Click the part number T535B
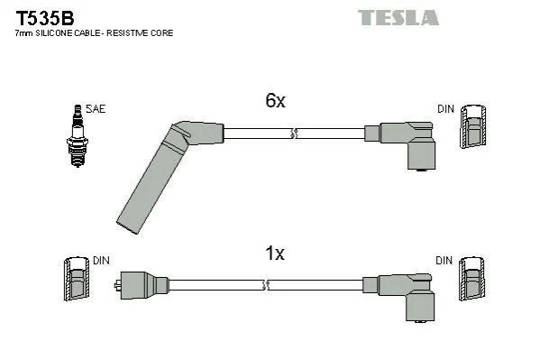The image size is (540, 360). point(45,18)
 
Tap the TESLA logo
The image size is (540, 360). point(398,17)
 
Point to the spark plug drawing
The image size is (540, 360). point(78,136)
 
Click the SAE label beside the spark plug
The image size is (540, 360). point(96,109)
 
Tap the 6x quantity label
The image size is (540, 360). point(275,100)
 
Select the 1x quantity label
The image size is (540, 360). point(275,254)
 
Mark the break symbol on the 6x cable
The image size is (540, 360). point(294,134)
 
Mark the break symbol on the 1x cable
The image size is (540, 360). point(266,285)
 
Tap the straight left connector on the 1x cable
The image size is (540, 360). point(142,285)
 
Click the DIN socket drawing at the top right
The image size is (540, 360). point(473,126)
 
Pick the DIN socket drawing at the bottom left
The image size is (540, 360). point(77,279)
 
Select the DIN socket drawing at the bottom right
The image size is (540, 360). point(471,279)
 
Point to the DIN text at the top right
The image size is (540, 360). point(445,109)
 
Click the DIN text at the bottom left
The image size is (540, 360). point(101,261)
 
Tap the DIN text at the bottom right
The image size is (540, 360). point(444,261)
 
